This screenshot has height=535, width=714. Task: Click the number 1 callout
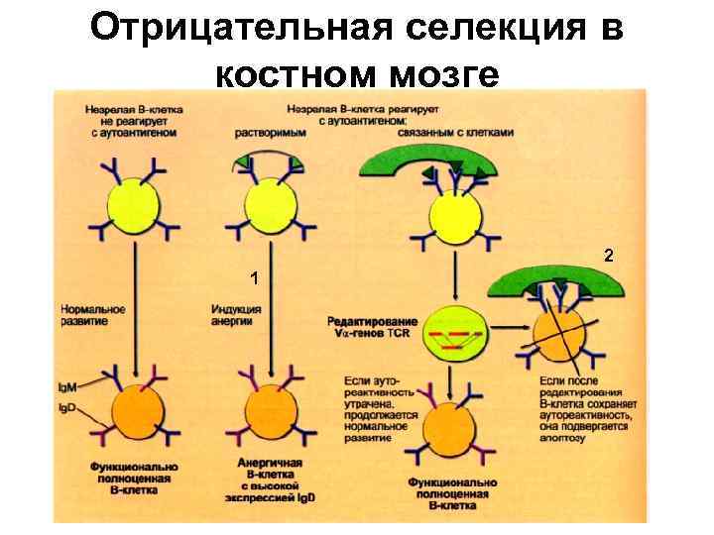coord(255,278)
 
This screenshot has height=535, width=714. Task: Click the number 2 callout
coord(609,256)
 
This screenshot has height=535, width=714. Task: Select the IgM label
coord(69,383)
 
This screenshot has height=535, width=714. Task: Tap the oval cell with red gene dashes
coord(454,335)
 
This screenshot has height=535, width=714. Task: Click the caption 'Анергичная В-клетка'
coord(270,469)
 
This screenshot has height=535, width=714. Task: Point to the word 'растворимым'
coord(270,133)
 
